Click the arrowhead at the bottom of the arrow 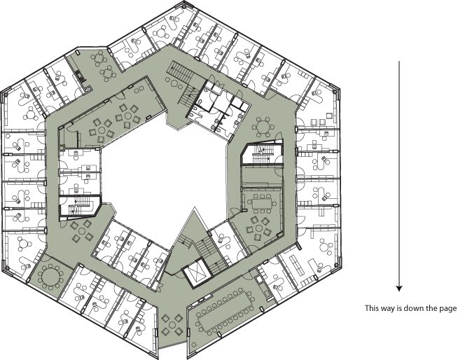399,289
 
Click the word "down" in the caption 412,308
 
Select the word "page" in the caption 449,309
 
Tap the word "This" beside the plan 371,308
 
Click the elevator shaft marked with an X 196,272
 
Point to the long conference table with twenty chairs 225,310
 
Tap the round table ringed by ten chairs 50,276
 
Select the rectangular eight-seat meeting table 261,203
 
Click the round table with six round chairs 263,127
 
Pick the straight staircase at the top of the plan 181,71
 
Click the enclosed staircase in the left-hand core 81,206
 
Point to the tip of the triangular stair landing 195,208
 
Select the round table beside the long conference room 172,325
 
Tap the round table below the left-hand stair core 81,231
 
